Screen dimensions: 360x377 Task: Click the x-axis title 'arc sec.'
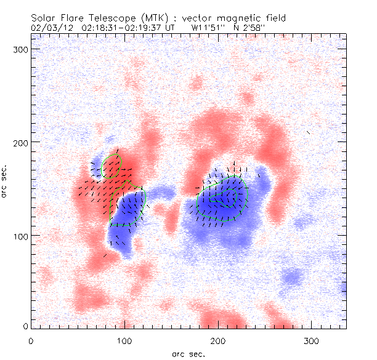coord(188,354)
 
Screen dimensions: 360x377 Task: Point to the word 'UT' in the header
coord(171,28)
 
